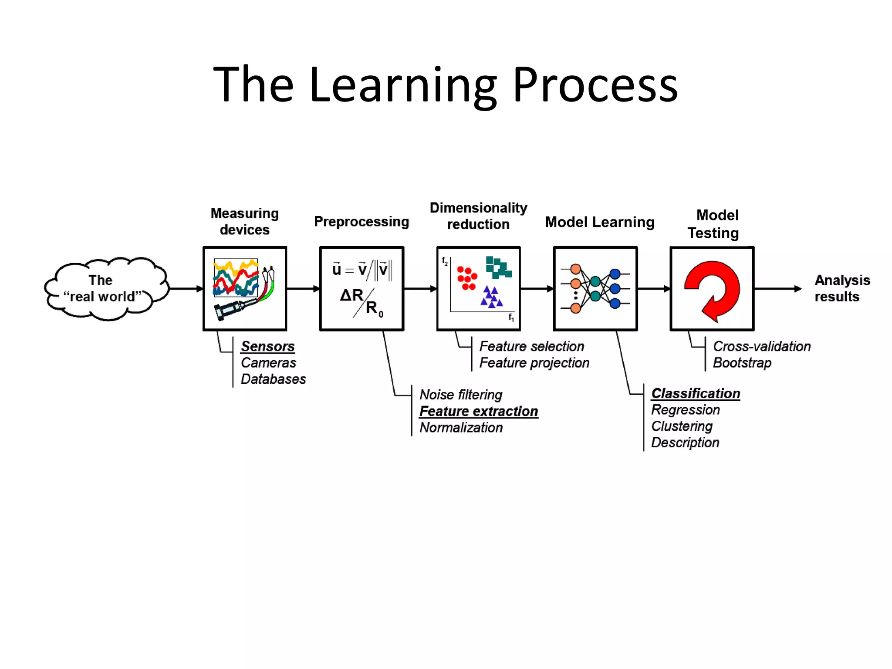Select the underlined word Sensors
coord(268,346)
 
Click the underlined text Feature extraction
coord(479,411)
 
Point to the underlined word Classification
coord(696,393)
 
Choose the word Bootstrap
coord(742,363)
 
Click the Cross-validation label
coord(761,346)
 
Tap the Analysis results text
coord(841,288)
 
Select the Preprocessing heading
coord(362,222)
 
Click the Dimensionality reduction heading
coord(478,216)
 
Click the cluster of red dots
coord(467,278)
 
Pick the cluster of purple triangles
coord(491,297)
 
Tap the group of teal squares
coord(498,267)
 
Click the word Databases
coord(273,379)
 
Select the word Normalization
coord(461,428)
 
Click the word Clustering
coord(682,426)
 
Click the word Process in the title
coord(595,85)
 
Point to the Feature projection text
coord(534,363)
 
